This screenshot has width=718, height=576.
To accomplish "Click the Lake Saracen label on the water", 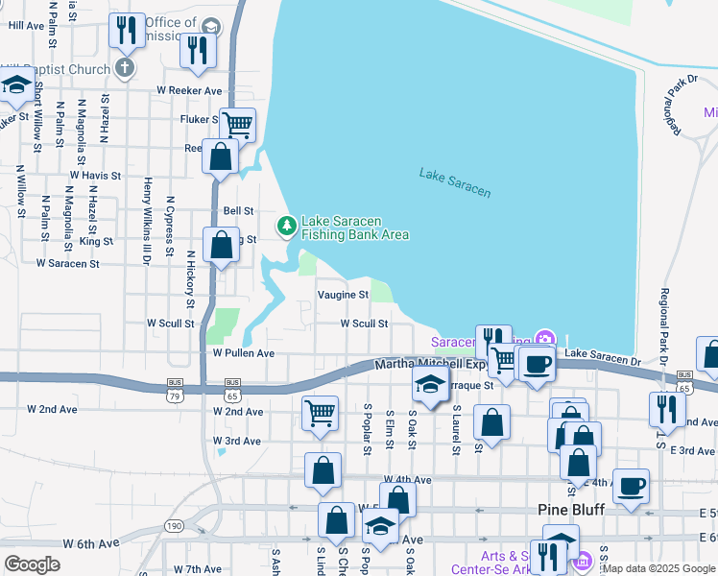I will (455, 181).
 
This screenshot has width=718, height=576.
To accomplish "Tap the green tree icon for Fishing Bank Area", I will (286, 227).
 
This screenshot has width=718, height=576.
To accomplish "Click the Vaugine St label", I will (344, 295).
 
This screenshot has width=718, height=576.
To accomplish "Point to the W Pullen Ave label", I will (244, 353).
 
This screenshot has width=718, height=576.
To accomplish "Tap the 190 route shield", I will (174, 526).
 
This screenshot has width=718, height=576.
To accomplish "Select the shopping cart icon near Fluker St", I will (237, 123).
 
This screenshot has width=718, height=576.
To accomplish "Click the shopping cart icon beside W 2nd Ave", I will (320, 412).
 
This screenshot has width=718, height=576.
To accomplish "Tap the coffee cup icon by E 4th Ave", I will (631, 485).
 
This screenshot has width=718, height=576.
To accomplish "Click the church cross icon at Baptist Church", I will (124, 67).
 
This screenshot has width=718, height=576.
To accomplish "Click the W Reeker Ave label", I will (189, 90).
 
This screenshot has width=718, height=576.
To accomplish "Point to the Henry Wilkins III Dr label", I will (147, 216).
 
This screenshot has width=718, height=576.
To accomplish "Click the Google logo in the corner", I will (32, 564).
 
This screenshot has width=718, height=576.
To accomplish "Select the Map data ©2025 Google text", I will (658, 568).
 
